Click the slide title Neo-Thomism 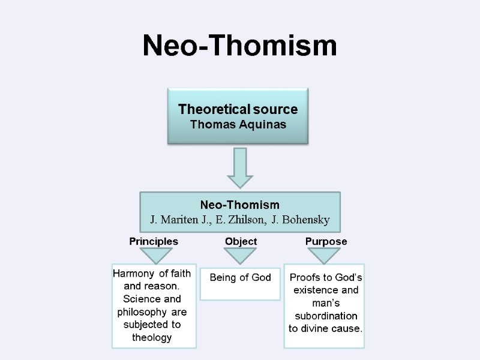[x=239, y=46]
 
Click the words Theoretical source [x=238, y=110]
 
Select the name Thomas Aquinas [x=238, y=125]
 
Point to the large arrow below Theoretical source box [x=240, y=168]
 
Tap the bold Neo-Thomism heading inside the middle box [x=239, y=205]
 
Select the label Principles [x=154, y=241]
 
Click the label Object [x=241, y=241]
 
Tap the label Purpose [x=326, y=241]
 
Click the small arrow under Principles [x=154, y=255]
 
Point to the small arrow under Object [x=240, y=256]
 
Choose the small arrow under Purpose [x=325, y=256]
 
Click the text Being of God [x=240, y=277]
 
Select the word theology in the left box [x=151, y=338]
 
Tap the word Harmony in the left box [x=133, y=274]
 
